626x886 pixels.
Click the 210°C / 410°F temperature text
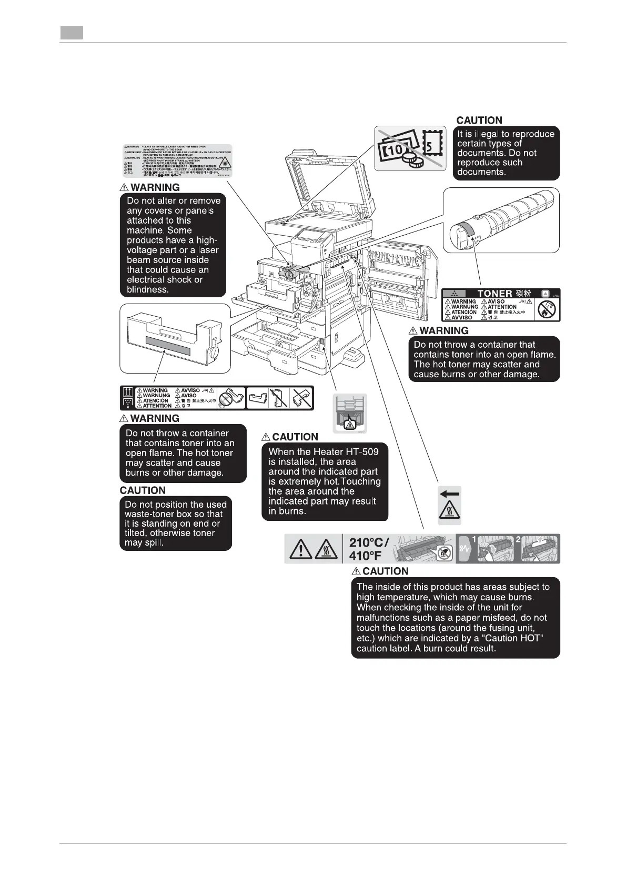(369, 549)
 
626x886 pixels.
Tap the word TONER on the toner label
(494, 294)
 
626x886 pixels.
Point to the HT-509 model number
(361, 451)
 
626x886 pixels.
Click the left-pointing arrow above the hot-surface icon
(450, 494)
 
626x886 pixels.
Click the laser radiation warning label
(177, 160)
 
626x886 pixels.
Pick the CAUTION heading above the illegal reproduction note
(479, 120)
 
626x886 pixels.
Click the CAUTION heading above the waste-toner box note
(143, 490)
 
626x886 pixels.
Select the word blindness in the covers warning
(148, 289)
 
